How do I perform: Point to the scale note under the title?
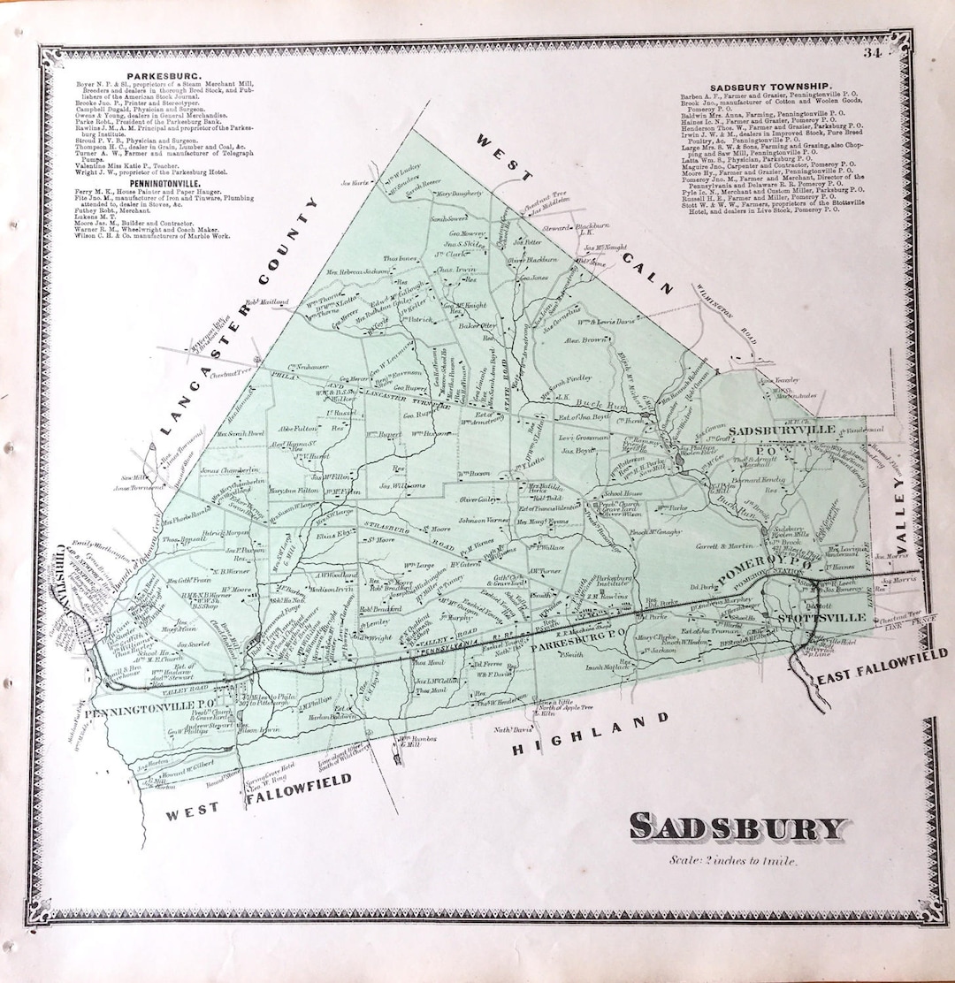(x=733, y=861)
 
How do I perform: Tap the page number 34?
(x=875, y=56)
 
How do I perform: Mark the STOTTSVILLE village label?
(x=810, y=618)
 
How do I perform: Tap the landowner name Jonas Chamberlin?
(x=228, y=469)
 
